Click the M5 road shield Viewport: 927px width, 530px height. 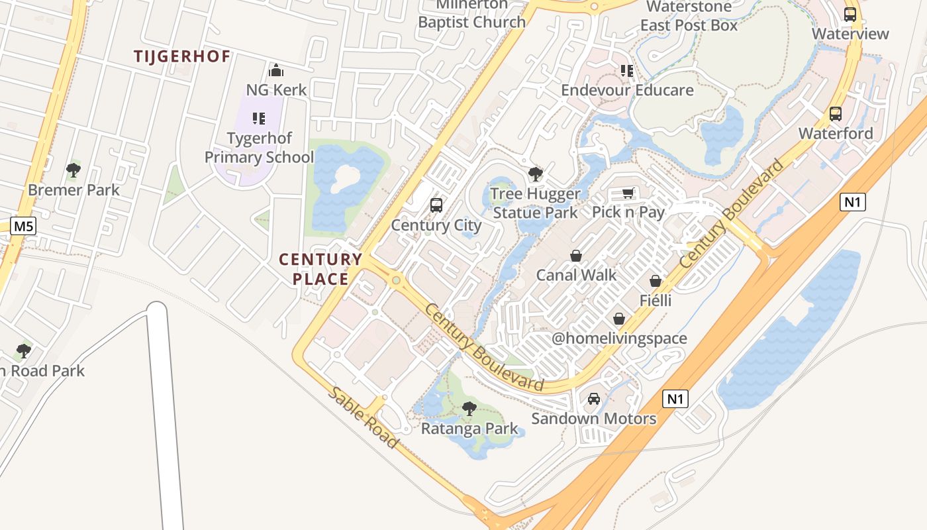23,227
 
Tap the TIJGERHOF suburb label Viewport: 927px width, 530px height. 182,56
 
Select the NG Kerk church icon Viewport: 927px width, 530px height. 276,70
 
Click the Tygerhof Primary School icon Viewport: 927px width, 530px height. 259,119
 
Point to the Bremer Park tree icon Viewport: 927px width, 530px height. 73,170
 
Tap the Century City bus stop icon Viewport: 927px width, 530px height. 436,205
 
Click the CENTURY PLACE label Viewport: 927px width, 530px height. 320,268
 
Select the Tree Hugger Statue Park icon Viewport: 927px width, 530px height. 536,174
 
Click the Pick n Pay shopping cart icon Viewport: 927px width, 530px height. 628,193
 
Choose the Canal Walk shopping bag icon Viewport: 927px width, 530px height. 576,256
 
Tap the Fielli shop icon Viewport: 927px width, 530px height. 656,282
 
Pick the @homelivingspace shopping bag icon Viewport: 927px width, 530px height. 619,319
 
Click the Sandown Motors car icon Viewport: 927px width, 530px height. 594,399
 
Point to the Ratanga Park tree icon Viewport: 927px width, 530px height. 469,408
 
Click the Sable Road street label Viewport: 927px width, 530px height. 364,417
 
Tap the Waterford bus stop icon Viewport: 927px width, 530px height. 836,114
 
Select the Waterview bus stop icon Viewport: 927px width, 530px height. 850,14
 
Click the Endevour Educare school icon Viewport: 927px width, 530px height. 627,71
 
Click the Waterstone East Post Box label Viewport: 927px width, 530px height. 689,16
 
